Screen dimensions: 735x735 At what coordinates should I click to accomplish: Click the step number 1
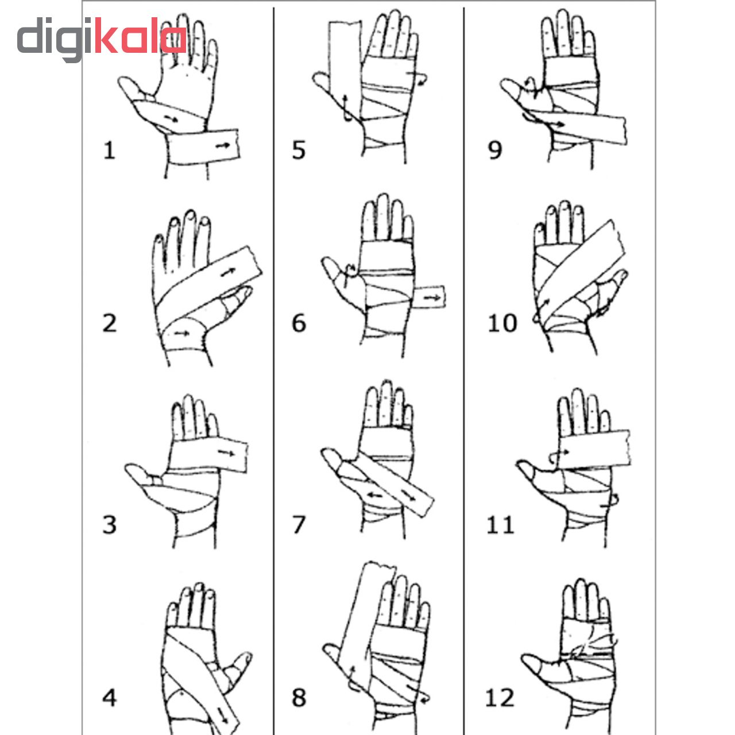pyautogui.click(x=110, y=150)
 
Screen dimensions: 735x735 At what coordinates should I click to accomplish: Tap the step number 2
pyautogui.click(x=110, y=323)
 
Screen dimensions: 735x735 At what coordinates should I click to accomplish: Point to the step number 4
pyautogui.click(x=110, y=698)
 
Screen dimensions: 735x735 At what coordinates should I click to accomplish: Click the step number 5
pyautogui.click(x=299, y=150)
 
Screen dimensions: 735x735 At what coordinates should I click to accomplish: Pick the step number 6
pyautogui.click(x=299, y=323)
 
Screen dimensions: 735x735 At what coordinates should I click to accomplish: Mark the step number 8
pyautogui.click(x=299, y=698)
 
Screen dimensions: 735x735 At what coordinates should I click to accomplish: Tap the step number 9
pyautogui.click(x=495, y=150)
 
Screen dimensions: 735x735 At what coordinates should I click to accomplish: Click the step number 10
pyautogui.click(x=502, y=323)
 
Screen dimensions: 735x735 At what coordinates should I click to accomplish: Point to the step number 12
pyautogui.click(x=500, y=698)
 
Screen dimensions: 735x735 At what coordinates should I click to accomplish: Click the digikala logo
pyautogui.click(x=102, y=38)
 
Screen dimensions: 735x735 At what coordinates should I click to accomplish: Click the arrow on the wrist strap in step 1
pyautogui.click(x=223, y=145)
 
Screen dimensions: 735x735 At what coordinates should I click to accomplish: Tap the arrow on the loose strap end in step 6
pyautogui.click(x=432, y=297)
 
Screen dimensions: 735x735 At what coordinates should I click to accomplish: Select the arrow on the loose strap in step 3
pyautogui.click(x=227, y=452)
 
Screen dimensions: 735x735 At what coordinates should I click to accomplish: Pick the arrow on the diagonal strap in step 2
pyautogui.click(x=228, y=272)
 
